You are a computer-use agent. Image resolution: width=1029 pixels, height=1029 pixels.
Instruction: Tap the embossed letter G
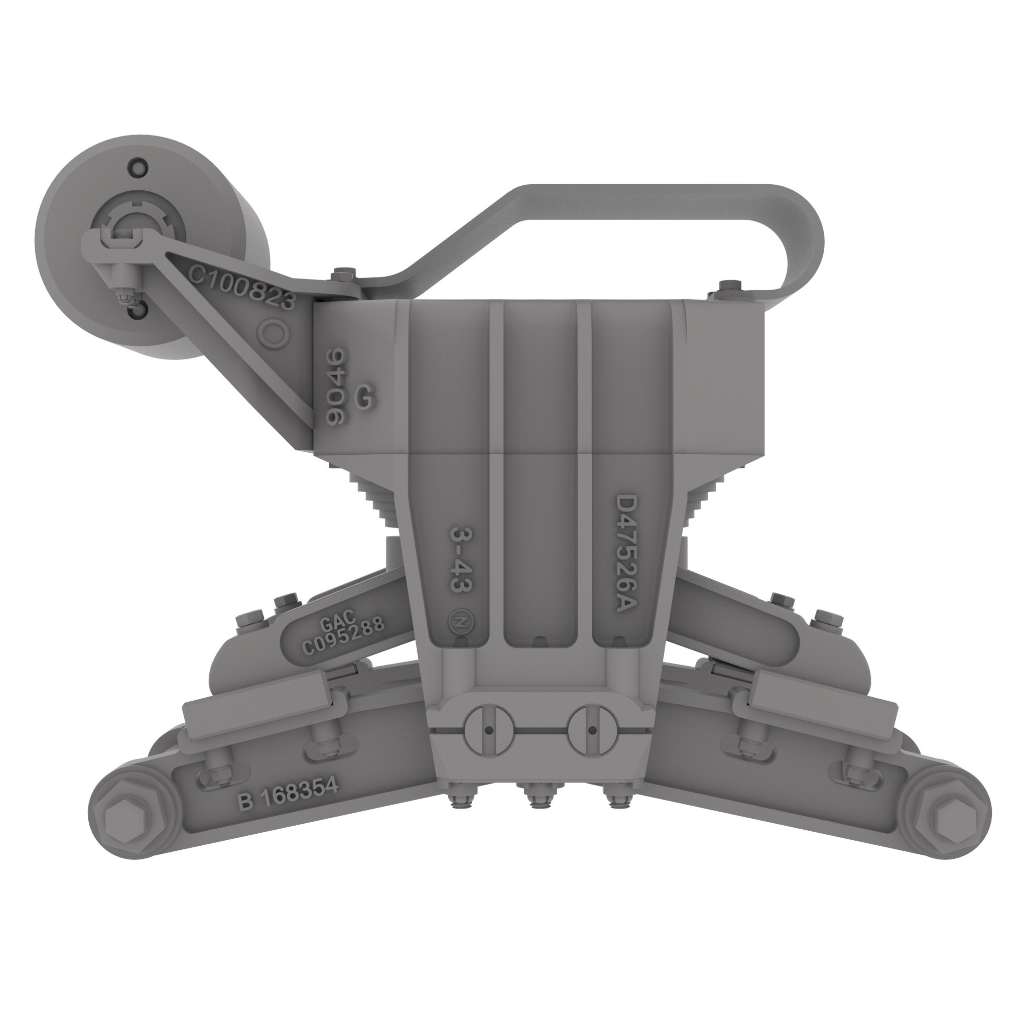[x=365, y=398]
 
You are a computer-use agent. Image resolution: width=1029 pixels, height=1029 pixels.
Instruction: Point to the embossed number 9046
[x=337, y=385]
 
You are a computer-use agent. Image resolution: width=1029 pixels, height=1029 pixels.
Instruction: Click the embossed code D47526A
[x=625, y=554]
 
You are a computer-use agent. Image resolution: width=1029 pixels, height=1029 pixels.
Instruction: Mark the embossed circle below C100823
[x=274, y=334]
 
